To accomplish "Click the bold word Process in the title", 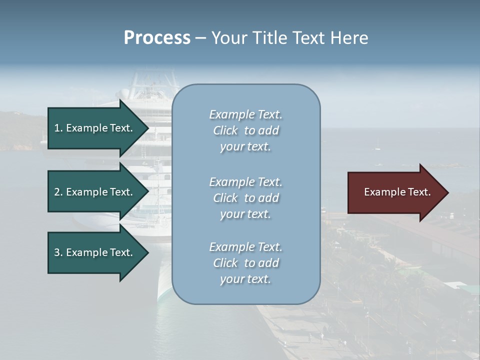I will [157, 38].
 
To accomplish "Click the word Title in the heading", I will [270, 38].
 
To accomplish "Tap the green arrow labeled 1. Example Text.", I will [95, 128].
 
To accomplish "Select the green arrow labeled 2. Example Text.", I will [95, 192].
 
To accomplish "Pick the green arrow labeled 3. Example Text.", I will [95, 252].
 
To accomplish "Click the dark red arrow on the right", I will [395, 192].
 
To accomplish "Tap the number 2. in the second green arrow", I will [58, 192].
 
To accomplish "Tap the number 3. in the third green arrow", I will [58, 252].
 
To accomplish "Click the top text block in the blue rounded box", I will [245, 130].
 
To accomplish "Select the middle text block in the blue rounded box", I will [245, 198].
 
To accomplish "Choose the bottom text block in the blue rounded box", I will [245, 263].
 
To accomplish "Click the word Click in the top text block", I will [225, 130].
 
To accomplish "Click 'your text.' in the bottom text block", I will [245, 279].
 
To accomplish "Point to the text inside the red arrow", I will [397, 192].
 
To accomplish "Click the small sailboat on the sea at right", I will [377, 147].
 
